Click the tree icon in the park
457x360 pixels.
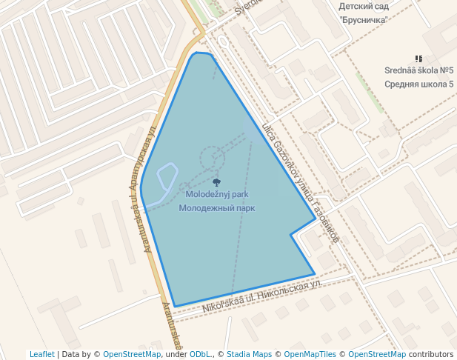tap(216, 181)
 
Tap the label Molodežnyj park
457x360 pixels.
tap(216, 194)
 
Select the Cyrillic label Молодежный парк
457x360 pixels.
tap(216, 208)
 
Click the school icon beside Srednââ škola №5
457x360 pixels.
tap(419, 59)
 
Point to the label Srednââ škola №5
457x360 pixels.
tap(418, 70)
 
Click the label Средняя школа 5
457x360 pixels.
tap(418, 84)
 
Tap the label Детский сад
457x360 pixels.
tap(363, 5)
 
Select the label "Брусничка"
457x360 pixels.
tap(364, 19)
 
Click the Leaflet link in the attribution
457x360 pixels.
tap(42, 354)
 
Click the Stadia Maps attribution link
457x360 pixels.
tap(249, 354)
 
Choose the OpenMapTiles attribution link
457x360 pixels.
tap(310, 354)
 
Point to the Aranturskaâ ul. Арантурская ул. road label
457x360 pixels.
tap(150, 189)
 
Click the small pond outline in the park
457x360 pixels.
tap(164, 181)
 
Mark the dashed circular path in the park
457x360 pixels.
tap(212, 159)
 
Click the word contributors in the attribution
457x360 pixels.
tap(431, 354)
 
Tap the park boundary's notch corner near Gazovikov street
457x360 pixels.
tap(291, 235)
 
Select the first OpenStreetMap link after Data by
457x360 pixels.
tap(132, 354)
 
